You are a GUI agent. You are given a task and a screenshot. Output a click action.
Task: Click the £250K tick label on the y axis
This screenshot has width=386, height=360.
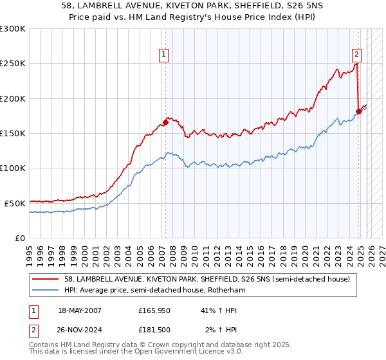[x=13, y=64]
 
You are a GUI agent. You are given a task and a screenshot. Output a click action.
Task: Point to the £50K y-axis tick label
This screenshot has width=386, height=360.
[x=15, y=203]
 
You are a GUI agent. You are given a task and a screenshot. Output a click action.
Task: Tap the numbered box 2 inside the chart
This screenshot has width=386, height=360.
[x=356, y=55]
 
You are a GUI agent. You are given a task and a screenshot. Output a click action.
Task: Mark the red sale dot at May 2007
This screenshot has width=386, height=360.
[x=165, y=122]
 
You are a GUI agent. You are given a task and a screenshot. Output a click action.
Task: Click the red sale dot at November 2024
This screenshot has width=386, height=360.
[x=359, y=111]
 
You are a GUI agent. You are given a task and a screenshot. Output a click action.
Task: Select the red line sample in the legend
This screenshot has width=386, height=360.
[x=46, y=280]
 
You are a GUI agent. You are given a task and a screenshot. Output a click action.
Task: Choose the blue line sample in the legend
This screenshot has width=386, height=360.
[x=46, y=291]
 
